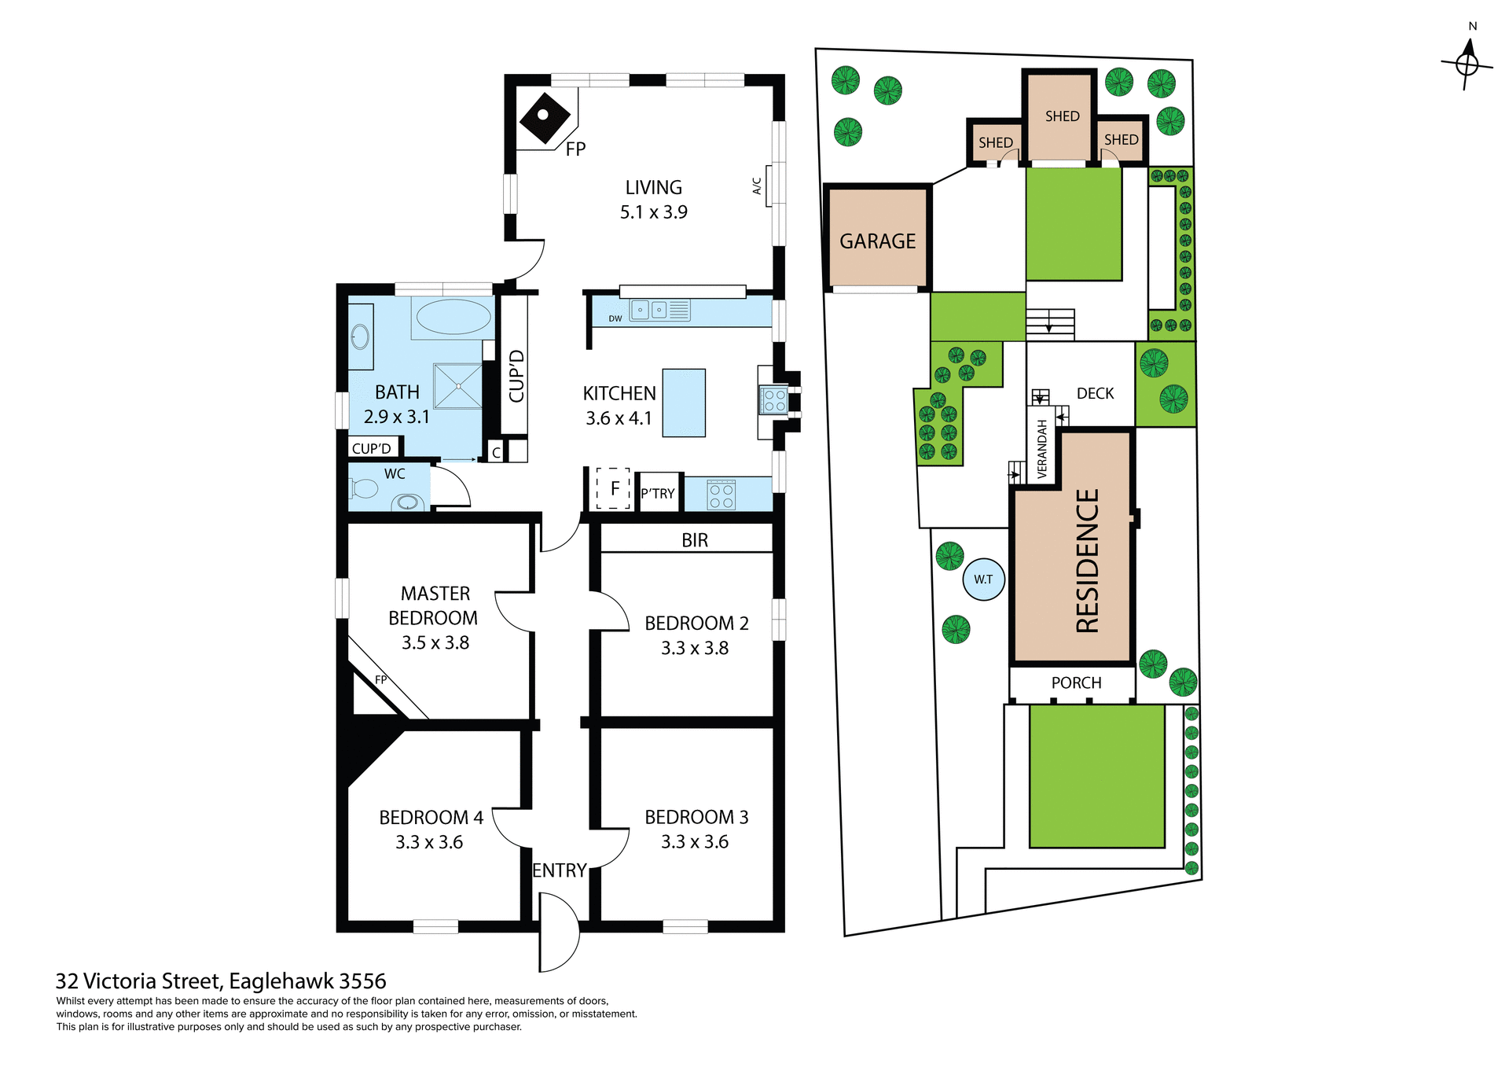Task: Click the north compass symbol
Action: tap(1467, 63)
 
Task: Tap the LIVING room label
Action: tap(653, 188)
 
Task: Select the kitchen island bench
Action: tap(684, 403)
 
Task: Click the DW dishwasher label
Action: tap(615, 318)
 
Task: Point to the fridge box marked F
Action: tap(614, 488)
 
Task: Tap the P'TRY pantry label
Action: tap(658, 494)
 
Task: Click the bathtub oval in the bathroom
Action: tap(453, 317)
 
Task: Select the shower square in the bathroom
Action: tap(458, 385)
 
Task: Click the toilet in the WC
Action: tap(364, 489)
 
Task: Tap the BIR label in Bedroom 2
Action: tap(695, 540)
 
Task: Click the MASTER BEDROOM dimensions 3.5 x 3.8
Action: tap(435, 642)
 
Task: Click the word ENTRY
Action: tap(560, 870)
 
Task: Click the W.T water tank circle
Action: tap(983, 579)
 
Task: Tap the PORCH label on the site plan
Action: tap(1076, 683)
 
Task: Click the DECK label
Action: tap(1095, 393)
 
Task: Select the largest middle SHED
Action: tap(1061, 116)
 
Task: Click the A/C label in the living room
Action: tap(757, 186)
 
